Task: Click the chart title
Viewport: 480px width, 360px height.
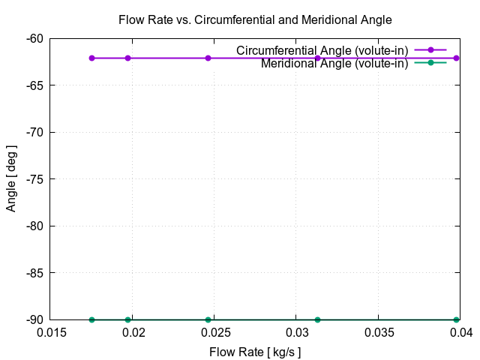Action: (255, 19)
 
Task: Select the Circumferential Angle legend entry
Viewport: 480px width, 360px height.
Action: (322, 50)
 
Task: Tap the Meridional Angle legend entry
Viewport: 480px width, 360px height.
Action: (334, 63)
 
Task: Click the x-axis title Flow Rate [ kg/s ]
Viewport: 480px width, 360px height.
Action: (255, 351)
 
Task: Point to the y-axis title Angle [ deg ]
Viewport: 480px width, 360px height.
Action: (11, 179)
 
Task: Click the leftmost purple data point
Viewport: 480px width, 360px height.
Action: (91, 58)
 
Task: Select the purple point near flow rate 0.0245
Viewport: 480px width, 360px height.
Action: (208, 58)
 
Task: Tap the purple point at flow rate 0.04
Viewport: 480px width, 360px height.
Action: (457, 58)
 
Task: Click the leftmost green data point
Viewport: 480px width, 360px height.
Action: (91, 319)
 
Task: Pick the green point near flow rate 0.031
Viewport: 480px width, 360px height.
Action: (317, 319)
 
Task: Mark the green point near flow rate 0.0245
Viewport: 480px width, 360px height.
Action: (208, 319)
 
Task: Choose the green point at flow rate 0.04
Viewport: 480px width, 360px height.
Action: (457, 319)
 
